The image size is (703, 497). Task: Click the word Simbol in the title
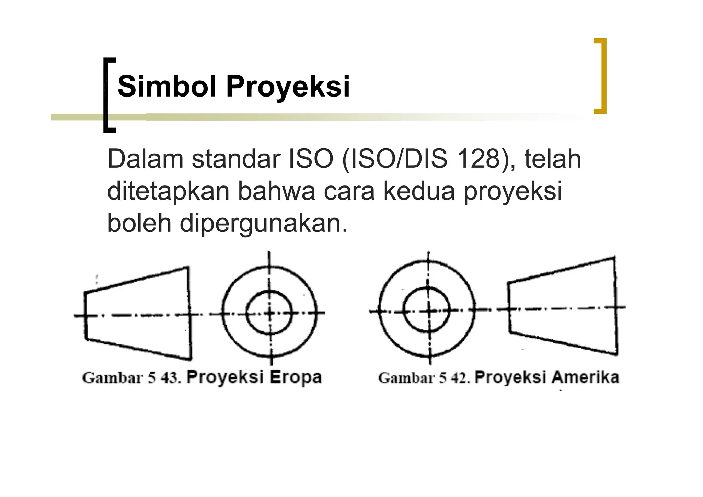[x=167, y=86]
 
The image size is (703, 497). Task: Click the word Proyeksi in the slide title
[x=288, y=87]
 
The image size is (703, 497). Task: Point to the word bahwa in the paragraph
[x=276, y=191]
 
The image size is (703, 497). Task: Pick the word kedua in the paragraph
[x=419, y=191]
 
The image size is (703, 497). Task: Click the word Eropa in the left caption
[x=296, y=377]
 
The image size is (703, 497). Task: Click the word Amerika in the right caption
[x=586, y=377]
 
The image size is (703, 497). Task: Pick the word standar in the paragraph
[x=236, y=159]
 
